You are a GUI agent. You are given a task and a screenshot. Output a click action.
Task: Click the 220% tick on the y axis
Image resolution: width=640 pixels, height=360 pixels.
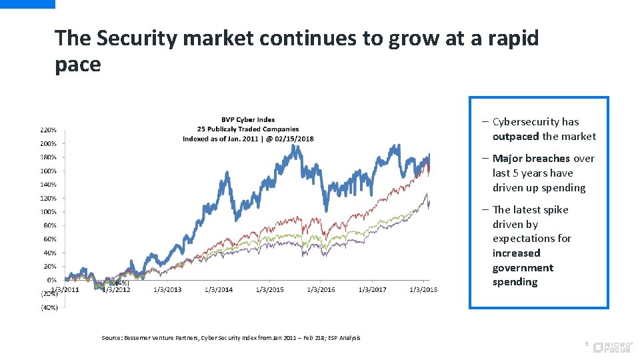[x=48, y=129]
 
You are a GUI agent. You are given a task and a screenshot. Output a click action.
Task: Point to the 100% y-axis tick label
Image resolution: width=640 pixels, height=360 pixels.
[x=48, y=211]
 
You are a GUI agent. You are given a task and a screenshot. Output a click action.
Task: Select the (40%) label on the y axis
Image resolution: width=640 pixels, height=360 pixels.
[x=49, y=307]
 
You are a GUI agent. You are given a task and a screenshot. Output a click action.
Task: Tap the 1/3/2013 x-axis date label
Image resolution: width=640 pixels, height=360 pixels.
[x=167, y=289]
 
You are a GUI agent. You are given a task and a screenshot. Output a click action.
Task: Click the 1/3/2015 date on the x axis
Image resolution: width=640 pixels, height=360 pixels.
[x=269, y=289]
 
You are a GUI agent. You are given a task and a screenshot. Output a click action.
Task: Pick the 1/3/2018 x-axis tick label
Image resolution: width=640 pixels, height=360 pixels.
[x=423, y=289]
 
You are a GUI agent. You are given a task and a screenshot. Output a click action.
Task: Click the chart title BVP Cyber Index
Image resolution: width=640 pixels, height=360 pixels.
[x=248, y=120]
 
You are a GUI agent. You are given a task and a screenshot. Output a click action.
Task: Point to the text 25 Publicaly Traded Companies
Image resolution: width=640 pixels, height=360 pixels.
[x=248, y=129]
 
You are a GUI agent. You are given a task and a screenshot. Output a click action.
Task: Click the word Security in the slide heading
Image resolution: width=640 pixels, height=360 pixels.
[x=137, y=38]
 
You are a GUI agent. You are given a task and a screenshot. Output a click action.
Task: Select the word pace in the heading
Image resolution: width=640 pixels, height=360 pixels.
[x=77, y=65]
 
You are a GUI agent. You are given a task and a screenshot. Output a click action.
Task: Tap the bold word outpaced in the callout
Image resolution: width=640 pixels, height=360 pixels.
[x=515, y=136]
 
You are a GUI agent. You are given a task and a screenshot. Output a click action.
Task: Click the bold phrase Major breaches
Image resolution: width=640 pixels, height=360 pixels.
[x=531, y=158]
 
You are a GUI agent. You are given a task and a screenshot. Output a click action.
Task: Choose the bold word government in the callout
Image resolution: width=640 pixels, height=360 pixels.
[x=523, y=267]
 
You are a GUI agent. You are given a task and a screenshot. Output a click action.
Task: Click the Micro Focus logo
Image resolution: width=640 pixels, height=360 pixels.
[x=612, y=346]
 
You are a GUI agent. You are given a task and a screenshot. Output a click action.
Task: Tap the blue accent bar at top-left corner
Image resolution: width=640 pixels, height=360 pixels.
[x=27, y=4]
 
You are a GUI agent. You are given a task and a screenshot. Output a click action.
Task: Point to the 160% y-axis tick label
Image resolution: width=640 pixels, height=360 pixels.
[x=48, y=171]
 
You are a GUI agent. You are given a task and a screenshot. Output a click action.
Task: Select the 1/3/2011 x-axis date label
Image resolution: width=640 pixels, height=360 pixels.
[x=65, y=289]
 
